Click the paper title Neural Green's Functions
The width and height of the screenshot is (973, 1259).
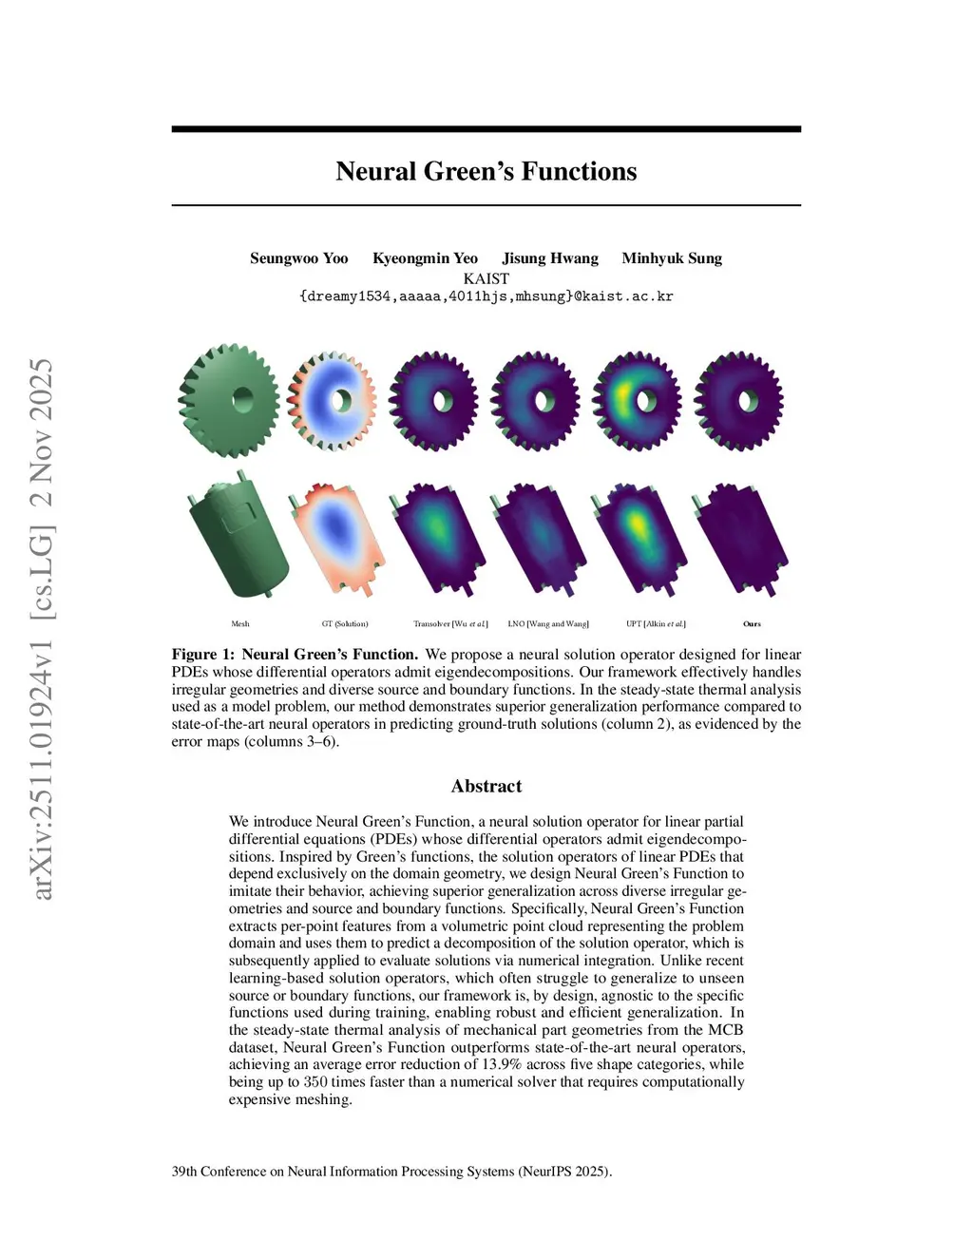click(x=486, y=171)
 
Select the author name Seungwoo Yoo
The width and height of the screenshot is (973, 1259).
click(x=298, y=258)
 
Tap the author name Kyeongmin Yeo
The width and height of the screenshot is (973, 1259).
click(x=425, y=258)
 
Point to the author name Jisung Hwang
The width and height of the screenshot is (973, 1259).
click(x=550, y=258)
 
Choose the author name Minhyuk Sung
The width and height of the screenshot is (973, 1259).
click(x=672, y=258)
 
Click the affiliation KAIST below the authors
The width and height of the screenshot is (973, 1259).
click(x=486, y=278)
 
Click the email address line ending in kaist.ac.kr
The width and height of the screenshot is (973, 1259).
click(x=486, y=296)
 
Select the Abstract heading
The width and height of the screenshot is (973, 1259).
click(x=486, y=786)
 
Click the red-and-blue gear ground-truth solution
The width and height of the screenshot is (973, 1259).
click(x=332, y=400)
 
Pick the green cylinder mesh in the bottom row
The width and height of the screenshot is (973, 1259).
click(x=238, y=537)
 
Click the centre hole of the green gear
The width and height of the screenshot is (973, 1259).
click(x=242, y=398)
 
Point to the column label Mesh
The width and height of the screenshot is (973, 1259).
click(x=240, y=624)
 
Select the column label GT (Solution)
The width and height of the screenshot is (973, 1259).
click(x=345, y=624)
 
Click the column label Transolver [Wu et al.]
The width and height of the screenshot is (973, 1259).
click(x=450, y=624)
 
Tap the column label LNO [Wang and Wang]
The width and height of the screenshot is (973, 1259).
click(x=548, y=624)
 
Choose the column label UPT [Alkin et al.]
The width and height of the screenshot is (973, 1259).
click(x=656, y=624)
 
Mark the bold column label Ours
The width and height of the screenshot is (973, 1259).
click(x=752, y=624)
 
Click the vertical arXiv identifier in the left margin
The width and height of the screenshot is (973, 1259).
click(x=42, y=627)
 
